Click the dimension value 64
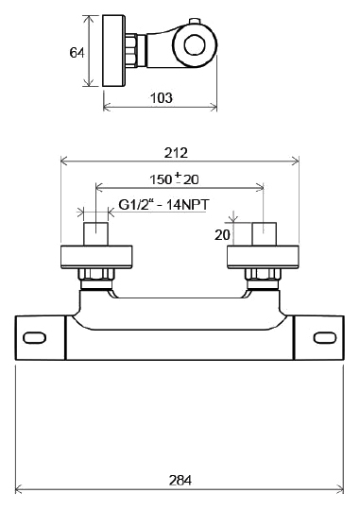(77, 52)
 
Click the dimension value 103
(162, 97)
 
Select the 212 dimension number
(176, 153)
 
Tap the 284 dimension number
(180, 480)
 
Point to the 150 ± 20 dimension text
(174, 178)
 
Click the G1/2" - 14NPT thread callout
(164, 205)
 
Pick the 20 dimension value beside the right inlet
(222, 234)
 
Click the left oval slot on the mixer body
(34, 337)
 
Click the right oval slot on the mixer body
(325, 337)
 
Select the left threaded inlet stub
(96, 234)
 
